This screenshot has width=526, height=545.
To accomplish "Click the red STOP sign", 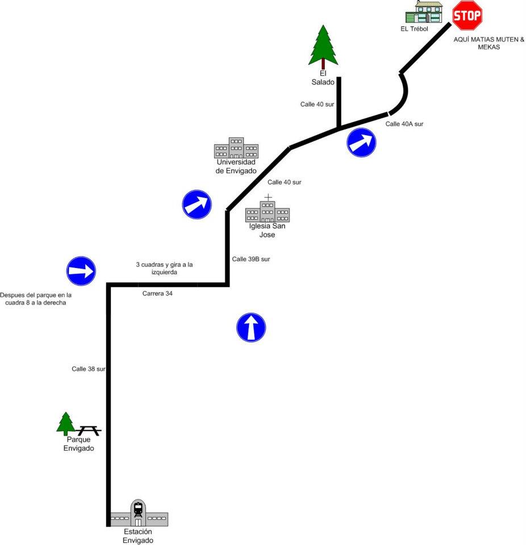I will click(467, 15).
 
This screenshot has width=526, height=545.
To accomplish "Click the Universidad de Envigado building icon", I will click(236, 148).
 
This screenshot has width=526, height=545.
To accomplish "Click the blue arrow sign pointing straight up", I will click(251, 328).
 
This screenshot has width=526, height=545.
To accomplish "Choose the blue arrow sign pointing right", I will click(81, 271).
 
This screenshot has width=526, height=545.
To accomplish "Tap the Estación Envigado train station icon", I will click(138, 514).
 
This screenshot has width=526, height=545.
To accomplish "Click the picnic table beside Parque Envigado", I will click(89, 431).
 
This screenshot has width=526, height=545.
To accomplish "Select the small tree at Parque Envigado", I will click(66, 424).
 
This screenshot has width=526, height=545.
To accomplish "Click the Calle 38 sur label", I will click(89, 369).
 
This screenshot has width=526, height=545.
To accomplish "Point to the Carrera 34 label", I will click(157, 294).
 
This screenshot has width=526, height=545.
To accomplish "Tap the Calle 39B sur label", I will click(251, 259).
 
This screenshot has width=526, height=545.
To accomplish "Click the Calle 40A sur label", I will click(404, 124).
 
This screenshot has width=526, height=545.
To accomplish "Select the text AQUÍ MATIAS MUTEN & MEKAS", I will click(489, 43).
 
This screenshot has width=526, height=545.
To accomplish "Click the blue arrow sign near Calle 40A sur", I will click(361, 143).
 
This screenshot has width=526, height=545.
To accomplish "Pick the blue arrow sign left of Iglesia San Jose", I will click(197, 204).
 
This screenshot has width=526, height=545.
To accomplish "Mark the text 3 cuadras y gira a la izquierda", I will click(164, 268).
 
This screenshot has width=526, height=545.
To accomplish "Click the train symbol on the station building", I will click(138, 509).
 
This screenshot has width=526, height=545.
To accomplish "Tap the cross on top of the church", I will click(268, 197).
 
